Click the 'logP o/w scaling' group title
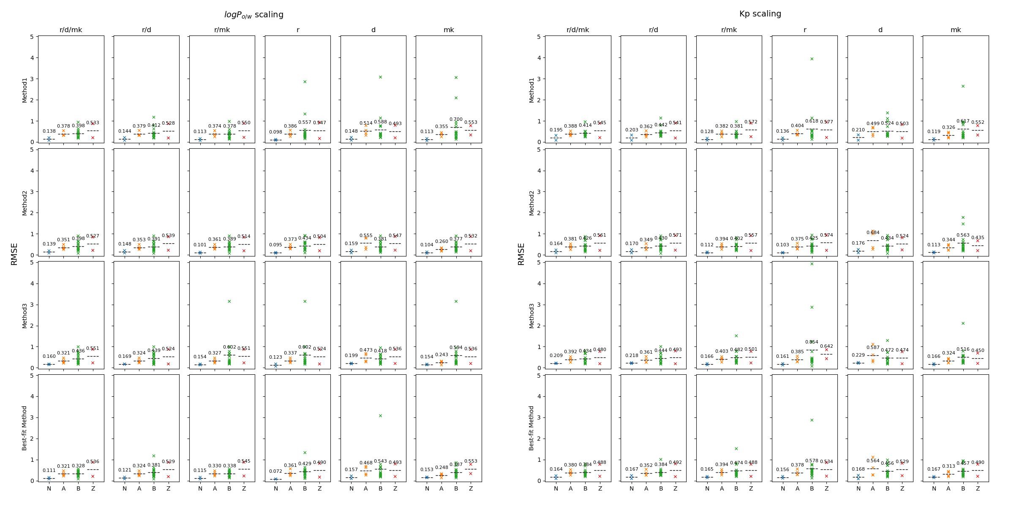(253, 15)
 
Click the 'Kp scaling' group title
(760, 14)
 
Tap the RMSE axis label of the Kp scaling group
(521, 254)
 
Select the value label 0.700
(456, 120)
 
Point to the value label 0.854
(812, 342)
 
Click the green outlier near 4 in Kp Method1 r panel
(812, 59)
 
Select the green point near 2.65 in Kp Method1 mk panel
(963, 86)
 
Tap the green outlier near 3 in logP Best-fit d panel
(380, 416)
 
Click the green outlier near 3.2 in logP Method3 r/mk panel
(229, 301)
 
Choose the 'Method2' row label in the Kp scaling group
(532, 202)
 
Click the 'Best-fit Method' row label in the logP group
(25, 428)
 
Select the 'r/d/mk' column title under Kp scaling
(578, 30)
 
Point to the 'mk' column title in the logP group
(449, 30)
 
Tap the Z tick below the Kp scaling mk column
(978, 489)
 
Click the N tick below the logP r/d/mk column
(49, 489)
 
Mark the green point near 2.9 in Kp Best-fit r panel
(812, 420)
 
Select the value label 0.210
(858, 130)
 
